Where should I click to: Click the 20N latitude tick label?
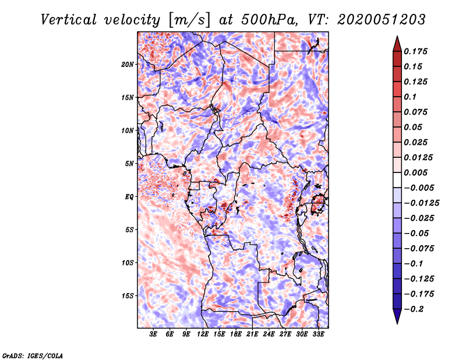click(128, 64)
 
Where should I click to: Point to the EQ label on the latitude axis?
click(129, 197)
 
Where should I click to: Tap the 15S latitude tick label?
click(128, 296)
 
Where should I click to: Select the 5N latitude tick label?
click(129, 164)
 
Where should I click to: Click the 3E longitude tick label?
click(154, 334)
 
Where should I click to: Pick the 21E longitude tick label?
click(252, 334)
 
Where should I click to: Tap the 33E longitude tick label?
click(318, 334)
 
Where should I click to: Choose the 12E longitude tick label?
click(203, 334)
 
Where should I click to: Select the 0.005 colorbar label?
click(417, 172)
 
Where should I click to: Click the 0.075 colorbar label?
click(417, 112)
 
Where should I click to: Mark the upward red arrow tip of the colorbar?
click(397, 40)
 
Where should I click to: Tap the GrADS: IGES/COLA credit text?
click(33, 355)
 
